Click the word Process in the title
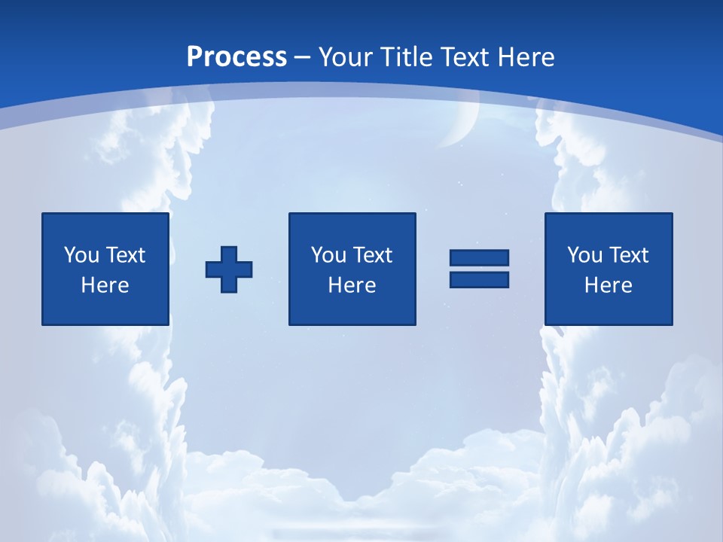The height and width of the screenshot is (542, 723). pyautogui.click(x=236, y=57)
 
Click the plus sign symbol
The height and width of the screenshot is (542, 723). pyautogui.click(x=229, y=269)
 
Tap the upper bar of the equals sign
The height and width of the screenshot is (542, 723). pyautogui.click(x=479, y=257)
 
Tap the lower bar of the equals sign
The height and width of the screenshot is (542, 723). pyautogui.click(x=479, y=279)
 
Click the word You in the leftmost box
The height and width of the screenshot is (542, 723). pyautogui.click(x=81, y=255)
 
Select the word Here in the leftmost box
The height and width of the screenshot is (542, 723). pyautogui.click(x=105, y=285)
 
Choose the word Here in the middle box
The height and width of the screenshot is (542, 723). pyautogui.click(x=352, y=285)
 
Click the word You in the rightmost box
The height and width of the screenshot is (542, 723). pyautogui.click(x=584, y=255)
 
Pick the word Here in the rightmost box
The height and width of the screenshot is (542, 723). pyautogui.click(x=608, y=285)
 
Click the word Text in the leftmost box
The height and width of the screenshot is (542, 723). pyautogui.click(x=125, y=255)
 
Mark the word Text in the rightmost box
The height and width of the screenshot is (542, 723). pyautogui.click(x=629, y=255)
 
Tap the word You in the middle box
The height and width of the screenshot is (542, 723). pyautogui.click(x=328, y=255)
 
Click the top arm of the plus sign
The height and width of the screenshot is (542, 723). pyautogui.click(x=229, y=254)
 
